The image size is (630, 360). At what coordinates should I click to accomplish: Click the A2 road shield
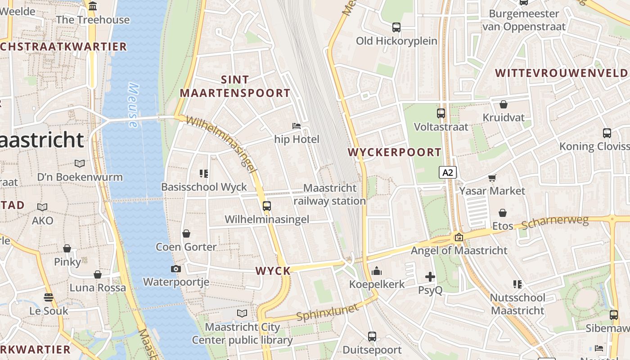point(448,172)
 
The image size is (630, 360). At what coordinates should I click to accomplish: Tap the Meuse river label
point(133,105)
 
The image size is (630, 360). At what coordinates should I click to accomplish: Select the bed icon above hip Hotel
point(296,126)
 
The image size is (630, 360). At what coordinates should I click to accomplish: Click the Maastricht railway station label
point(330,194)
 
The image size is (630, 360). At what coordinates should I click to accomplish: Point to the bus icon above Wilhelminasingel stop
point(267,206)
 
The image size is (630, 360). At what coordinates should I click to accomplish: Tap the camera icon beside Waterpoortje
point(176,269)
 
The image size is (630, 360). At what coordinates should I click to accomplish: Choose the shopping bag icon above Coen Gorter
point(186,234)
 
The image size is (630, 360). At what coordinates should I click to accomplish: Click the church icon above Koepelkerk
point(377,271)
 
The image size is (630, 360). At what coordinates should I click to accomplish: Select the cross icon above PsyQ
point(430,277)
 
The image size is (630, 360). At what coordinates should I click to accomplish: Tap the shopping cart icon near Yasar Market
point(492,178)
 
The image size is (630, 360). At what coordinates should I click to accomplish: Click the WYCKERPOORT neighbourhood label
point(395,152)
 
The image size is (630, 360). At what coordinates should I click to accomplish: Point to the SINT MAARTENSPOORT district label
point(235,86)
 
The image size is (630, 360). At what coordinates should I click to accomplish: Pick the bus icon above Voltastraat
point(441,113)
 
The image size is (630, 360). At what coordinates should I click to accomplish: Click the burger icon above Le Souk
point(49,297)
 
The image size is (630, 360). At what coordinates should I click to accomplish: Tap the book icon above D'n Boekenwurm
point(80,164)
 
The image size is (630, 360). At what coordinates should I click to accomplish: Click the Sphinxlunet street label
point(328,313)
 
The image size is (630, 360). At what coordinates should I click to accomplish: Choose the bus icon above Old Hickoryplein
point(396,27)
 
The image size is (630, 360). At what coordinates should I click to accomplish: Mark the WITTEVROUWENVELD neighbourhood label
point(561,73)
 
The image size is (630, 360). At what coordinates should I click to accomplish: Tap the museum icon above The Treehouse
point(93,6)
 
